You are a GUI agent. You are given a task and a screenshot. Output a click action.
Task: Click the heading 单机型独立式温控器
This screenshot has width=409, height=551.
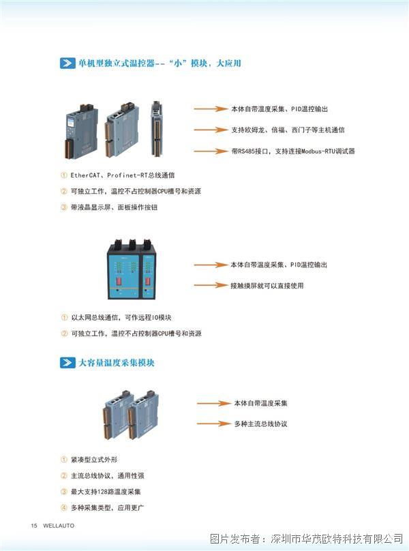[x=117, y=63]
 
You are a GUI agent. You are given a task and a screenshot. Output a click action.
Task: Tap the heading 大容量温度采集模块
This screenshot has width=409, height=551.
[x=117, y=362]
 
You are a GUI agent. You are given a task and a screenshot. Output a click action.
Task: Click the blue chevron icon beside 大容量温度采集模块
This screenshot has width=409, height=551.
[x=67, y=363]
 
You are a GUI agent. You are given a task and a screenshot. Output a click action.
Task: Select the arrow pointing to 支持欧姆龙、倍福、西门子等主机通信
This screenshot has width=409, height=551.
[x=211, y=130]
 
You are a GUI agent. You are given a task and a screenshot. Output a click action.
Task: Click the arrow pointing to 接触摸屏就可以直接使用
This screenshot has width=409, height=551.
[x=211, y=285]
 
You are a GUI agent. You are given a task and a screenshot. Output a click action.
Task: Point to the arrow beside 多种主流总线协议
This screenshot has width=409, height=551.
[x=213, y=423]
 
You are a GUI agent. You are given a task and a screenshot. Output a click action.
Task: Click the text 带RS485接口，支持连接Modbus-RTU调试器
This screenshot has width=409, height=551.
[x=293, y=151]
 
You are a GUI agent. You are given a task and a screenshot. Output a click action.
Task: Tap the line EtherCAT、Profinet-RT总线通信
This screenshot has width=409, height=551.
[x=123, y=175]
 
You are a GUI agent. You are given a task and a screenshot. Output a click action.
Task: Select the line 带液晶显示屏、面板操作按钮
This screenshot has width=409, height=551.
[x=115, y=207]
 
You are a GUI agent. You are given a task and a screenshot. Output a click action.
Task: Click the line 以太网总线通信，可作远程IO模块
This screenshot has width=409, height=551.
[x=121, y=317]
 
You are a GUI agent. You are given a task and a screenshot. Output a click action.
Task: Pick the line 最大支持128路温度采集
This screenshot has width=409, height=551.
[x=106, y=492]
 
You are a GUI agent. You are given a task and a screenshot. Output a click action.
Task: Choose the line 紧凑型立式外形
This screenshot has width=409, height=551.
[x=94, y=460]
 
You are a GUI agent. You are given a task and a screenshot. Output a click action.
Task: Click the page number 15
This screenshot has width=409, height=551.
[x=34, y=526]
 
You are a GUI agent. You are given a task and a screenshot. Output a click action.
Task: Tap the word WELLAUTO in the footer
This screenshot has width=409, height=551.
[x=59, y=526]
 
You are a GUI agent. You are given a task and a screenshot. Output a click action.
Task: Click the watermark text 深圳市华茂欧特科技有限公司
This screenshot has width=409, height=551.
[x=337, y=538]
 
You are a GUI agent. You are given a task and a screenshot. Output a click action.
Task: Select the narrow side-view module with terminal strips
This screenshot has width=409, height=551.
[x=156, y=129]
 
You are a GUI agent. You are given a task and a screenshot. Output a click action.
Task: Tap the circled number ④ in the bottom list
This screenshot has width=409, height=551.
[x=63, y=508]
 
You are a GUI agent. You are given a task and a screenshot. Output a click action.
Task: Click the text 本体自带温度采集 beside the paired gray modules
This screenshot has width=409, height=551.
[x=260, y=403]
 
